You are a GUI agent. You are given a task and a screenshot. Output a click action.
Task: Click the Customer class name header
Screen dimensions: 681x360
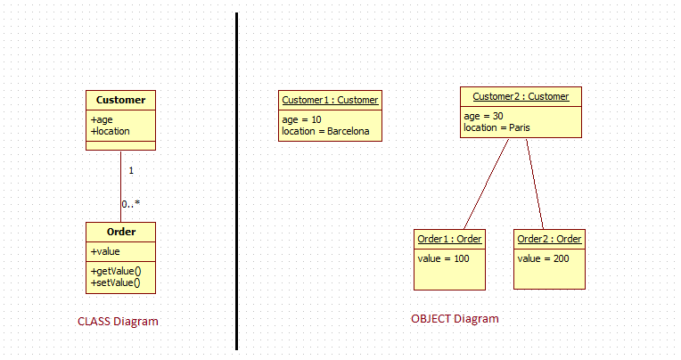click(x=120, y=100)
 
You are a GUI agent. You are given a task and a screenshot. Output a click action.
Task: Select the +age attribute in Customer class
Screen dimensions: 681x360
click(x=102, y=119)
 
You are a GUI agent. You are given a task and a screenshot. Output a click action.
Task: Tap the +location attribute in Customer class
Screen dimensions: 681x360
click(x=111, y=131)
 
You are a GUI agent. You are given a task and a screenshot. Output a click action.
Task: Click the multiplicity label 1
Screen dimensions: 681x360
click(x=131, y=171)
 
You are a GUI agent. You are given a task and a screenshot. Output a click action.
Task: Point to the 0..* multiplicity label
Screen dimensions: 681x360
click(x=131, y=204)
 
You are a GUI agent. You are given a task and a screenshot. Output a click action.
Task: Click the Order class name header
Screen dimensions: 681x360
click(x=121, y=232)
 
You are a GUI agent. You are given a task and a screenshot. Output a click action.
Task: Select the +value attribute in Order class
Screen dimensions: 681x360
click(x=105, y=251)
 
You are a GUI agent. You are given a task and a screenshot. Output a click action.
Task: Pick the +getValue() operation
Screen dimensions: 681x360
click(x=116, y=272)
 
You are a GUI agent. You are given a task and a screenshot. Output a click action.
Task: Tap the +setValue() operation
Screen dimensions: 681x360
click(x=116, y=283)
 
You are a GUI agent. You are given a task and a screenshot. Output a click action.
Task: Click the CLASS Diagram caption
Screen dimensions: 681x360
click(x=118, y=322)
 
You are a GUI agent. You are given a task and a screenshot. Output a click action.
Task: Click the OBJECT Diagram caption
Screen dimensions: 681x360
click(x=455, y=319)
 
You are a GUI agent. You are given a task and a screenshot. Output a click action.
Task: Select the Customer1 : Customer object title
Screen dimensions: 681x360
click(x=330, y=100)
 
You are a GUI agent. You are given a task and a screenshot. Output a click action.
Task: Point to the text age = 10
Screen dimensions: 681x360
click(x=301, y=119)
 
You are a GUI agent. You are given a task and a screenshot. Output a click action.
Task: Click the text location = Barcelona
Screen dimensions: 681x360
click(x=325, y=131)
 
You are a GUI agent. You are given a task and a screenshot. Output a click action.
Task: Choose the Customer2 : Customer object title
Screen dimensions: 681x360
click(x=521, y=96)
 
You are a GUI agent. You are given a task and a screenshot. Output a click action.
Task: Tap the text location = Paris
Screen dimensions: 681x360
click(x=496, y=127)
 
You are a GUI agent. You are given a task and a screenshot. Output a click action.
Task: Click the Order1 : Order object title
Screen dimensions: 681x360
click(x=449, y=239)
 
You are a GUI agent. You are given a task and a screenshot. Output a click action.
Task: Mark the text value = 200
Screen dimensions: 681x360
click(x=544, y=258)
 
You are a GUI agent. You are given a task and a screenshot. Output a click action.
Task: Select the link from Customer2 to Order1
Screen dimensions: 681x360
click(x=487, y=184)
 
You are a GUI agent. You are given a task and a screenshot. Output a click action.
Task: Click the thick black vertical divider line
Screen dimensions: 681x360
click(x=237, y=181)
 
